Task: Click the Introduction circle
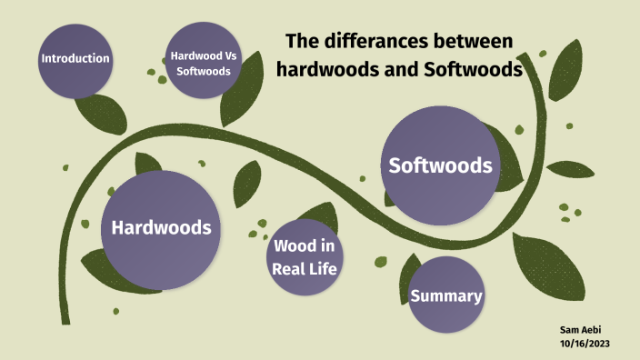tap(75, 59)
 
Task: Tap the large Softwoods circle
tap(441, 165)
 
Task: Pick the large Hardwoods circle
tap(162, 227)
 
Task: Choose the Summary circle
tap(445, 296)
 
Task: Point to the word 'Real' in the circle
tap(288, 268)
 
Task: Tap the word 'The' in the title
tap(302, 42)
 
